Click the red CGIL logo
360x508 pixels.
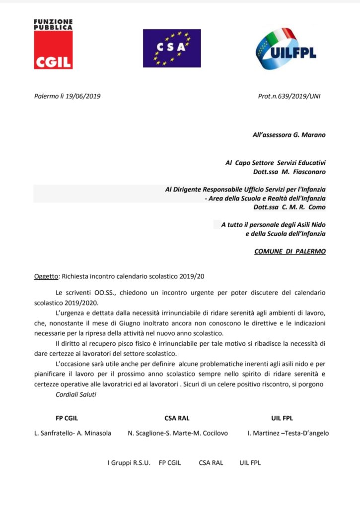(53, 45)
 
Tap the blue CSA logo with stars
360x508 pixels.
(172, 48)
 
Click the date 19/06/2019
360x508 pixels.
(83, 96)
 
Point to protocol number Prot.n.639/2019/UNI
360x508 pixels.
(289, 96)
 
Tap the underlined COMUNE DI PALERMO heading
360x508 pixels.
(290, 252)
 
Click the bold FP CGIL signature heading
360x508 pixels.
(69, 418)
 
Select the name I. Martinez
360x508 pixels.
(264, 433)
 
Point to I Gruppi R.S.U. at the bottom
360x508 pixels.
(129, 463)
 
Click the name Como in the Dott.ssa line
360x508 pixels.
(317, 206)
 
